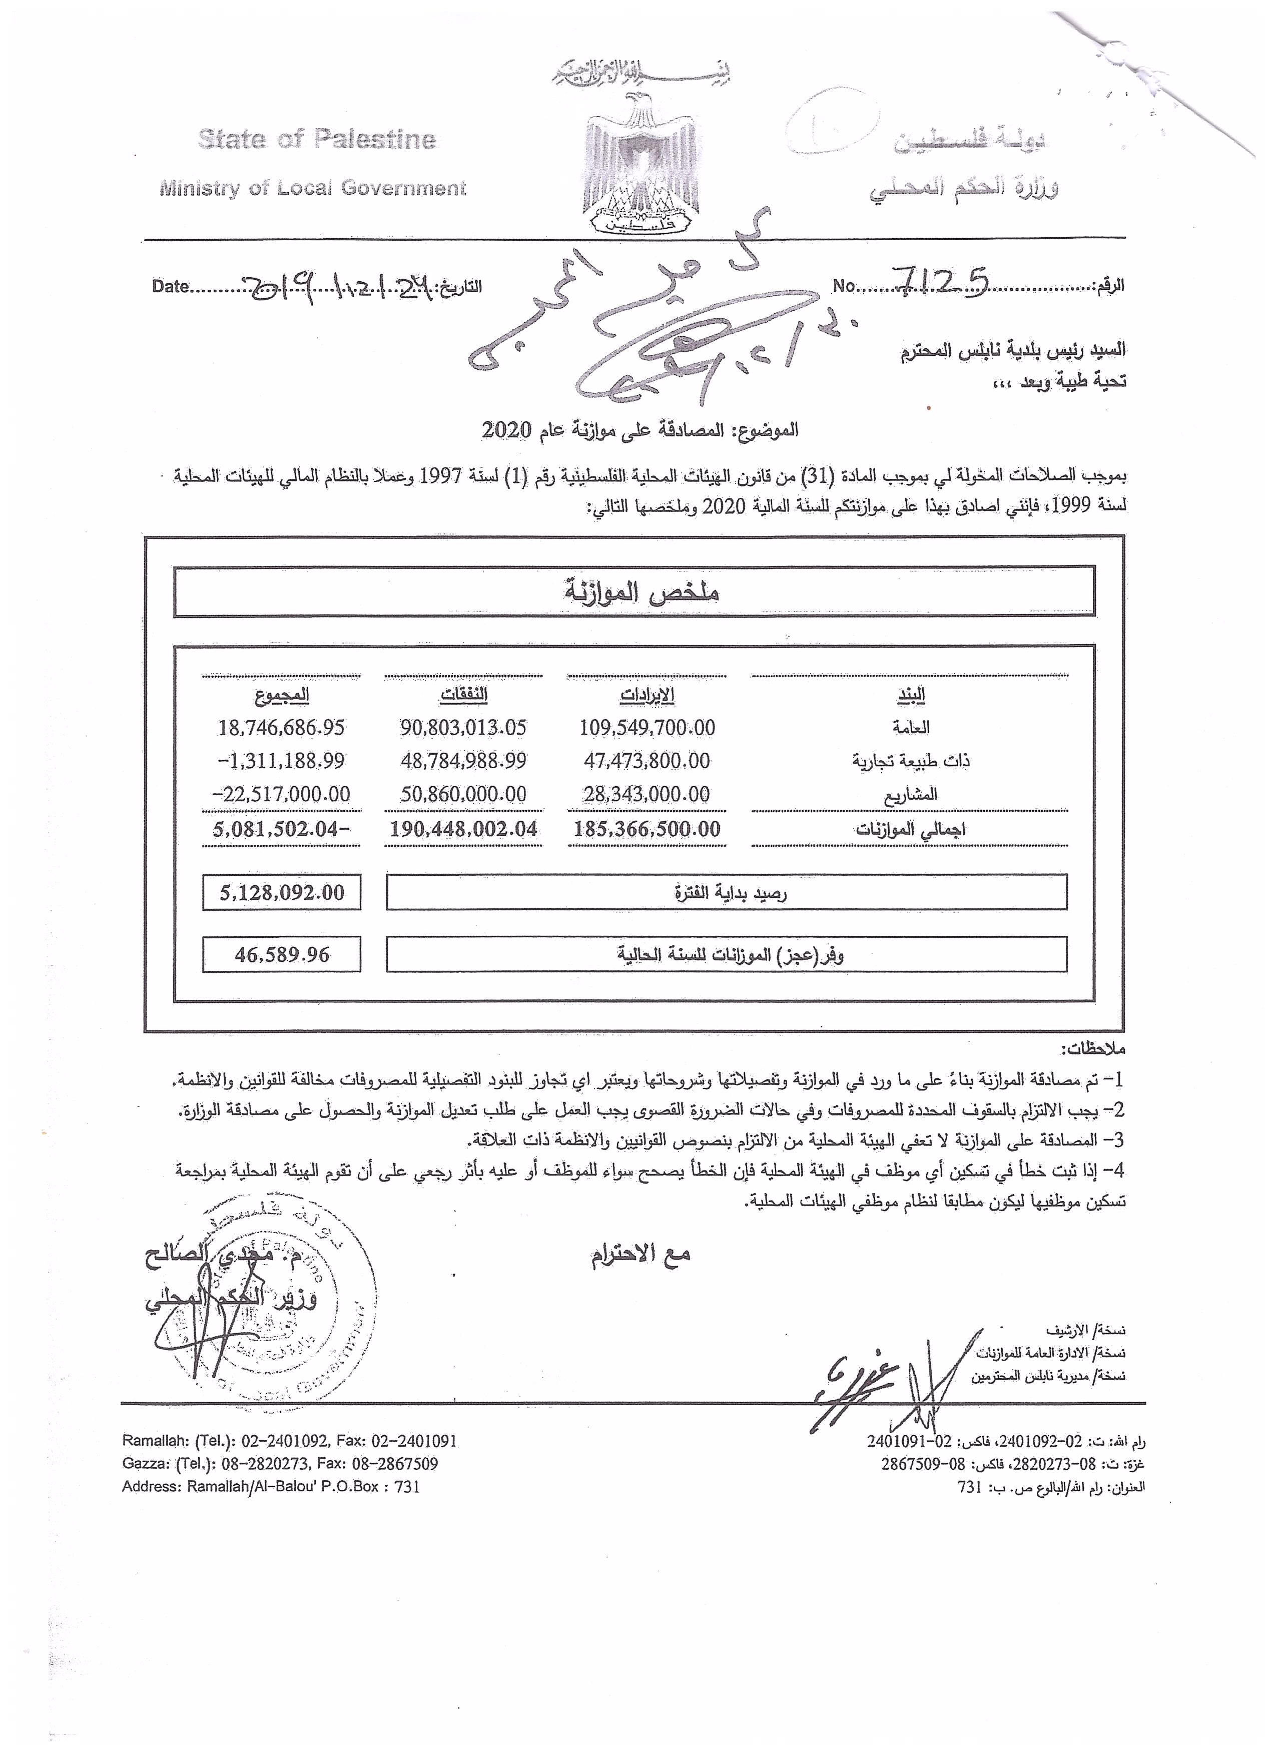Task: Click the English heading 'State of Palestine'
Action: [x=317, y=139]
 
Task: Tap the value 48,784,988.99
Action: [x=463, y=761]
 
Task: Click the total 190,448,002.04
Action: [x=463, y=829]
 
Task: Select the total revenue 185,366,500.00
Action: [x=647, y=829]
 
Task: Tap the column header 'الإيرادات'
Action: [x=647, y=696]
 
